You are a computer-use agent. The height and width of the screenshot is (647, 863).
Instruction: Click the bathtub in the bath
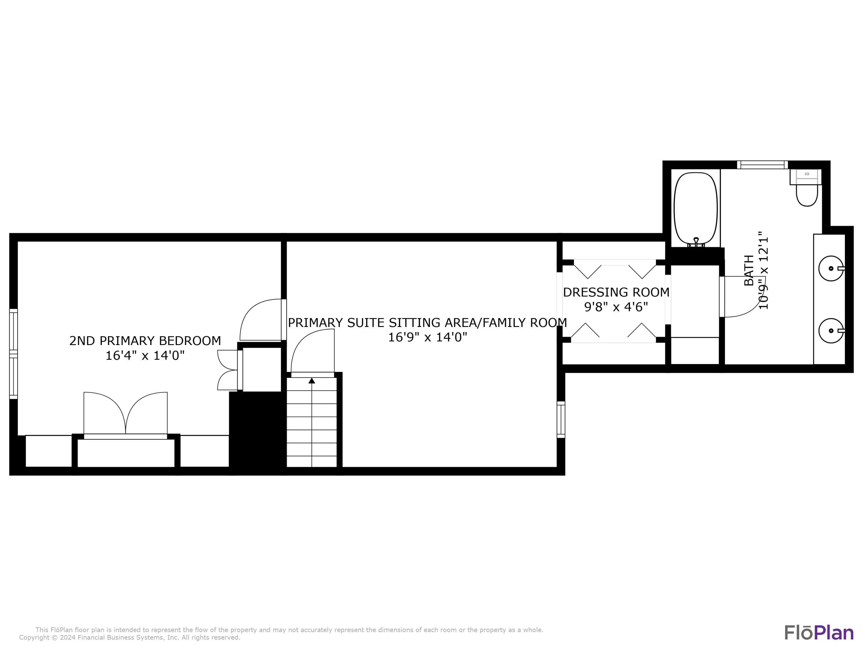(696, 209)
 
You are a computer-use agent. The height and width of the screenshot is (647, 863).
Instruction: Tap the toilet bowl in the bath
(806, 195)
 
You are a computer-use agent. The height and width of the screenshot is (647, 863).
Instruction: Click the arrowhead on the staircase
(312, 381)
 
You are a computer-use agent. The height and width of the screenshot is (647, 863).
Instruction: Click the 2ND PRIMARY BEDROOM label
(145, 341)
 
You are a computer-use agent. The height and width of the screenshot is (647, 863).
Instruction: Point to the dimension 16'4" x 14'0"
(145, 356)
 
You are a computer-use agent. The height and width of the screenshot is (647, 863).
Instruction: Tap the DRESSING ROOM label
(616, 292)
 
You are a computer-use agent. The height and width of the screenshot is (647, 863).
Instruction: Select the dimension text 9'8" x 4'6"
(616, 307)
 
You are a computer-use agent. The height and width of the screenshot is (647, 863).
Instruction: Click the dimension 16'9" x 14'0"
(427, 337)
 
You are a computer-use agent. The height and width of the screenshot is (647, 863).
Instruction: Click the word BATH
(749, 270)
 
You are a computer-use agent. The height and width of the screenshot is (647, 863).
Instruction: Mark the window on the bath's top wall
(762, 164)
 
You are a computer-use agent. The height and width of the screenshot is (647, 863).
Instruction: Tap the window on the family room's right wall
(561, 420)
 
